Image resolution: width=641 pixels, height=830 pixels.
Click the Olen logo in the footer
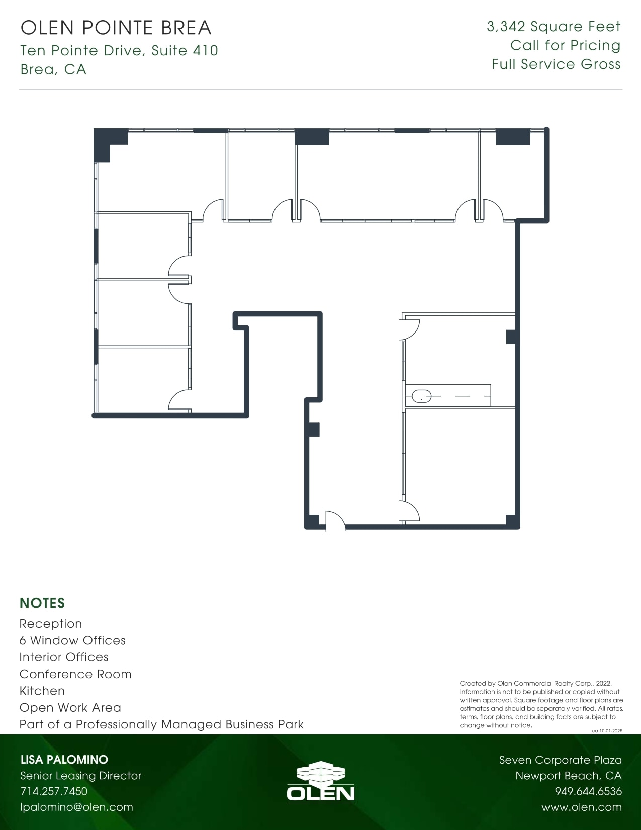[320, 782]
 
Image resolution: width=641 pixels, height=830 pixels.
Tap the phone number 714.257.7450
[54, 791]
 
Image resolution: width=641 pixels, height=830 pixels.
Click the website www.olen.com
[581, 807]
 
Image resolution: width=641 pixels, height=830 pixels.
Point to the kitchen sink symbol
[421, 396]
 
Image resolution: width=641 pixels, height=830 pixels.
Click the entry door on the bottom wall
[335, 521]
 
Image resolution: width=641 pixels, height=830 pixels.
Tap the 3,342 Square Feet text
[554, 27]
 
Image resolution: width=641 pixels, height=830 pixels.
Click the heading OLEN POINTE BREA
[116, 28]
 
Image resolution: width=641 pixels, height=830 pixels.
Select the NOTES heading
[42, 603]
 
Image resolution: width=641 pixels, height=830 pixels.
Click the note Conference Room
[75, 674]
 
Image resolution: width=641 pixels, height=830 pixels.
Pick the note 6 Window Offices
[72, 640]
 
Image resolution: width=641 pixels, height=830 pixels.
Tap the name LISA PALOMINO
[64, 760]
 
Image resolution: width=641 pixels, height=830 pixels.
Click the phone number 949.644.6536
[588, 791]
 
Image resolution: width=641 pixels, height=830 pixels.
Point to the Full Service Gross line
[556, 64]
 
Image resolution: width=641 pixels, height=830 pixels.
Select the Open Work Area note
[70, 708]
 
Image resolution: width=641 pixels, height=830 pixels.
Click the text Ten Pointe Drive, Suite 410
[119, 50]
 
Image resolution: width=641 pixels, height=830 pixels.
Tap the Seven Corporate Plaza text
[560, 760]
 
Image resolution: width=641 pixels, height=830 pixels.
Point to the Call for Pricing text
[565, 45]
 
